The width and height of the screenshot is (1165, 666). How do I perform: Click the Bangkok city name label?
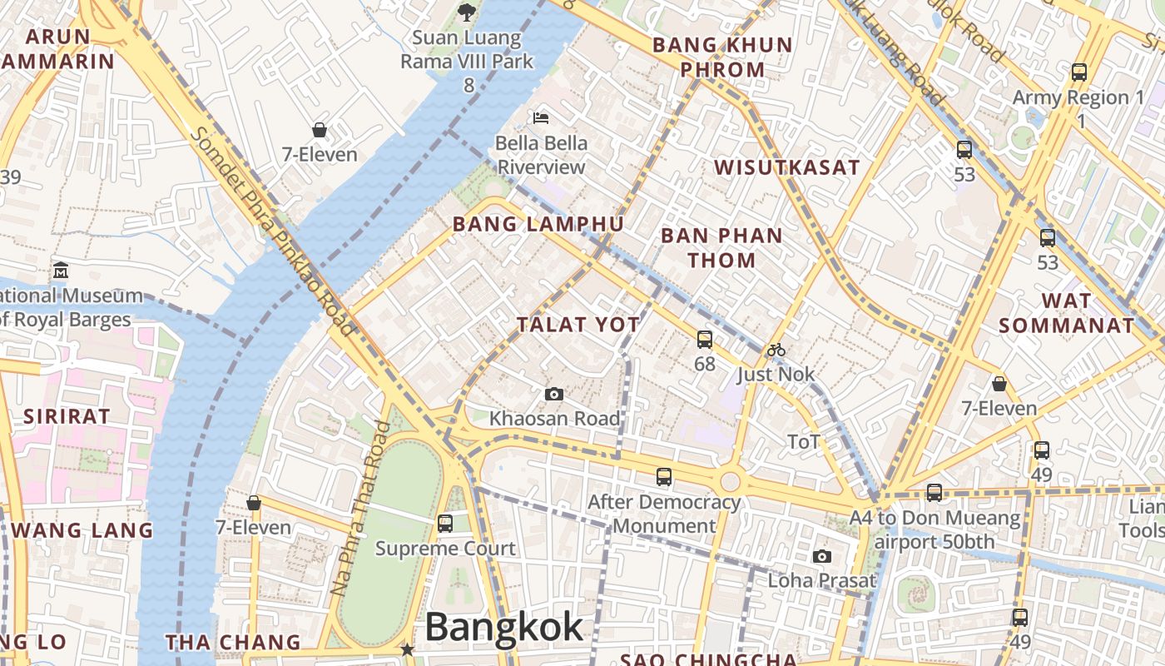[504, 627]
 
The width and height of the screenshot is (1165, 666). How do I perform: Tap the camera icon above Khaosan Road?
[553, 394]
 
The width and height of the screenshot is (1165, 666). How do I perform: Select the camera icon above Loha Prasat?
[822, 556]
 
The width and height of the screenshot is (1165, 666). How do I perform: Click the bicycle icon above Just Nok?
[776, 350]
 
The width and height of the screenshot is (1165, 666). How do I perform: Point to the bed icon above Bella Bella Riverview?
[541, 118]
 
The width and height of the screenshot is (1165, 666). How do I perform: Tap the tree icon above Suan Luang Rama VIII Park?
[467, 12]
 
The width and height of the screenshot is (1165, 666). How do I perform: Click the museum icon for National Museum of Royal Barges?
[61, 271]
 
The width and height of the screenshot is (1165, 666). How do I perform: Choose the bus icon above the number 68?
[704, 339]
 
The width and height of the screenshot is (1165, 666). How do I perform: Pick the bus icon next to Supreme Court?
[445, 524]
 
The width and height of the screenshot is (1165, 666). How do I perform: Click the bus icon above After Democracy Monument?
[663, 477]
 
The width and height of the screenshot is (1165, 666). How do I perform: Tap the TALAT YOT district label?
[578, 325]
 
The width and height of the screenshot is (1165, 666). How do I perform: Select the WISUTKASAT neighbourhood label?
[786, 167]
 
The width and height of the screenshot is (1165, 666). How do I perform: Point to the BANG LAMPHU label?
[538, 224]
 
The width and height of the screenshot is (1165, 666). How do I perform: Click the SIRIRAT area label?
[67, 417]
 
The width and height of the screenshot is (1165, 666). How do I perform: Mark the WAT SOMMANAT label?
[1066, 313]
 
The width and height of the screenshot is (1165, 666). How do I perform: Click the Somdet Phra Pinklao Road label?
[273, 233]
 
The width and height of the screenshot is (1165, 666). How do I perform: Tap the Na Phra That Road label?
[359, 508]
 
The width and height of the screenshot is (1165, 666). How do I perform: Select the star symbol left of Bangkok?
[408, 649]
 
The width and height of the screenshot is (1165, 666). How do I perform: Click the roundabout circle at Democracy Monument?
[730, 481]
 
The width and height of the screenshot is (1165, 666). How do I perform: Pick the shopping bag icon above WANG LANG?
[254, 503]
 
